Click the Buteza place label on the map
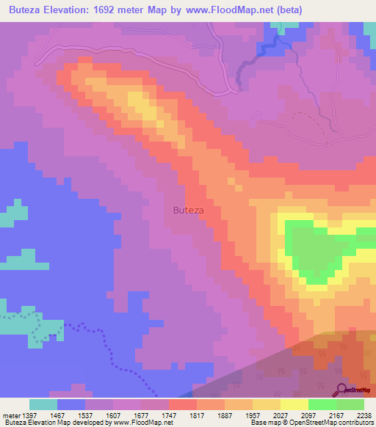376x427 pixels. coord(188,210)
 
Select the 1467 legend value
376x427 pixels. coord(72,415)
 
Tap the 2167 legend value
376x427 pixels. coord(336,415)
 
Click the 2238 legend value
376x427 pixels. coord(364,415)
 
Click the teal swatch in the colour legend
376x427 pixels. coord(43,404)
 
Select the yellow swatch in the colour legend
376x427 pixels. coord(294,404)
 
